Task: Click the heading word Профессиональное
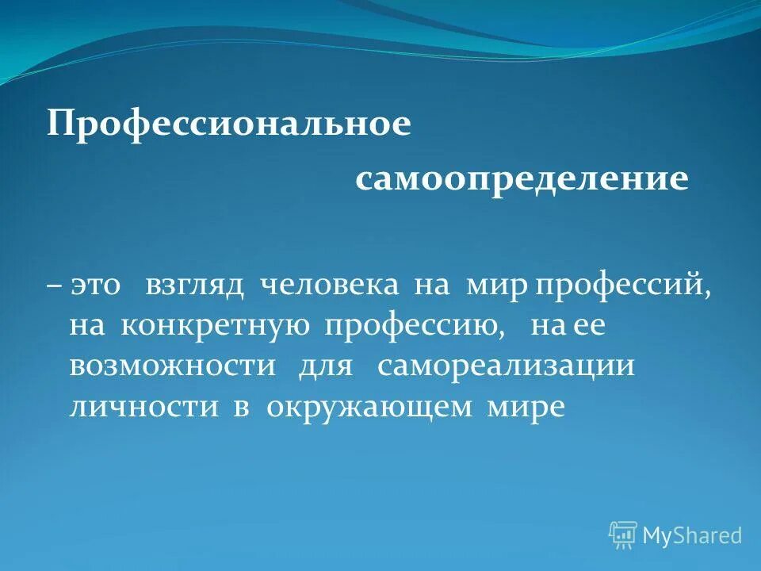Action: click(229, 125)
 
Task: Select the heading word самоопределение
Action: click(522, 178)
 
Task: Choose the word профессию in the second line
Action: click(414, 327)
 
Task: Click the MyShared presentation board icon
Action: click(623, 535)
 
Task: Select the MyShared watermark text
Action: click(691, 535)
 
